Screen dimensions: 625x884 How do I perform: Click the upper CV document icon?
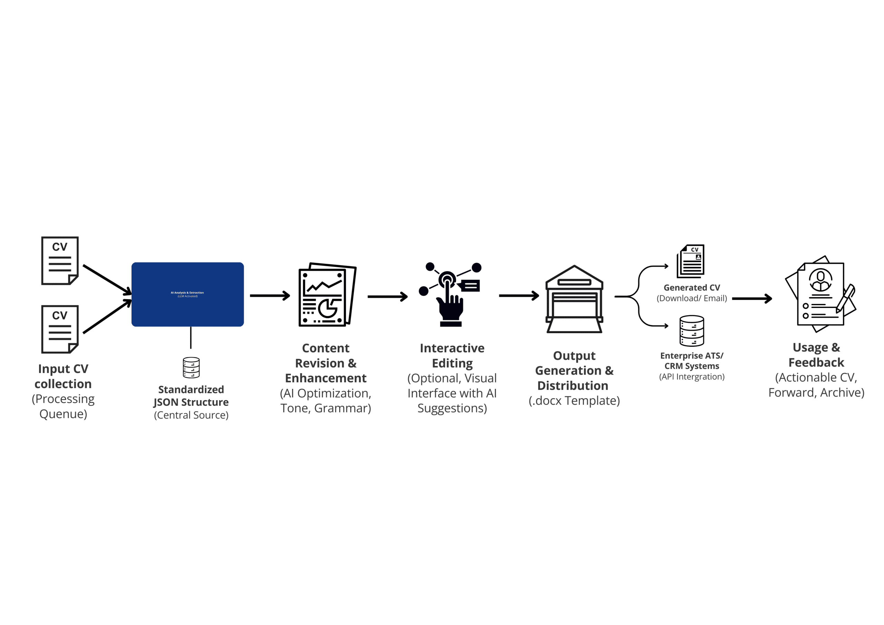click(60, 261)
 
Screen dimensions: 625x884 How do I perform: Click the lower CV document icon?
click(60, 329)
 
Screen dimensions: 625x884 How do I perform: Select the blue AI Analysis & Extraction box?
click(188, 294)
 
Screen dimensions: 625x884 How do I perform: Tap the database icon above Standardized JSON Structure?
click(191, 367)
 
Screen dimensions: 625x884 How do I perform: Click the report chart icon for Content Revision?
click(327, 295)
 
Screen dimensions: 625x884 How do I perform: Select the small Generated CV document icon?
click(691, 261)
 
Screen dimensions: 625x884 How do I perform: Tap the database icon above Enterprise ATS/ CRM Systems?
click(692, 331)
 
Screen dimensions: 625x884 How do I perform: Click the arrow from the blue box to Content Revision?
click(269, 296)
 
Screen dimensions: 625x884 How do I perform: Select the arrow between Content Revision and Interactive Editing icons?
click(387, 297)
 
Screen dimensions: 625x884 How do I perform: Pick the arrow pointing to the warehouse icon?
click(519, 296)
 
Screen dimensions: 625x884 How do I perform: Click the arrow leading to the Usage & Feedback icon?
click(751, 298)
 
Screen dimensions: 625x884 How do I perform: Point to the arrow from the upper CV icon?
click(107, 280)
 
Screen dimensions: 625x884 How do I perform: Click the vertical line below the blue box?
click(191, 337)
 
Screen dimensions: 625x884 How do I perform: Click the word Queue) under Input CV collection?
click(63, 414)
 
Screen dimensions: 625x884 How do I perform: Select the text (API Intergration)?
click(692, 377)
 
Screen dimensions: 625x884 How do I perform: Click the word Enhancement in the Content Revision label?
click(325, 378)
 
